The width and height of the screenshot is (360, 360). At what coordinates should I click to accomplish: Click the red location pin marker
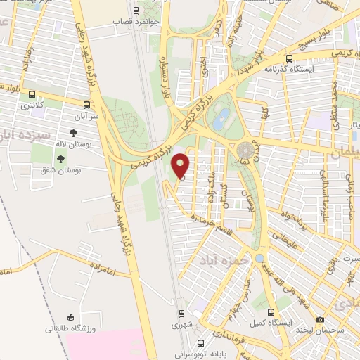(x=181, y=166)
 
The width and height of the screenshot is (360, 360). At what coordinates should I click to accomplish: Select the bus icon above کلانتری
(x=31, y=93)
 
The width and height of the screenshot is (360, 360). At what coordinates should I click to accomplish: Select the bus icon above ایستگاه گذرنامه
(x=290, y=58)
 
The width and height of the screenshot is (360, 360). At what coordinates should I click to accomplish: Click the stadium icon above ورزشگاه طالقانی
(x=69, y=318)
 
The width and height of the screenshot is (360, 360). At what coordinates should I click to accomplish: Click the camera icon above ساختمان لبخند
(x=321, y=319)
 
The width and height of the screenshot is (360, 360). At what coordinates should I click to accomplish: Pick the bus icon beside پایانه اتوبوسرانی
(x=202, y=344)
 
